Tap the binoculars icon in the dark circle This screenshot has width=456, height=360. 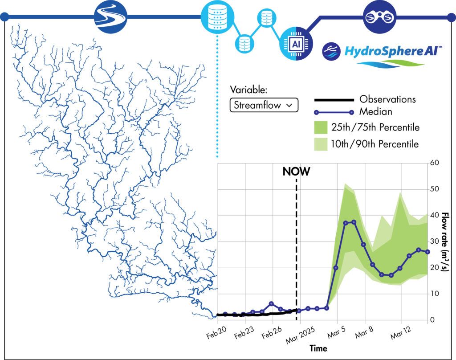380,17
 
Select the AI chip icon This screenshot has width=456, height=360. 294,44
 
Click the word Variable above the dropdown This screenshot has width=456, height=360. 248,90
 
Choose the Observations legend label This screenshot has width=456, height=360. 387,99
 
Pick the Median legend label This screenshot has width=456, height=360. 375,112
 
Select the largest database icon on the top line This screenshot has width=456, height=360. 217,17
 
